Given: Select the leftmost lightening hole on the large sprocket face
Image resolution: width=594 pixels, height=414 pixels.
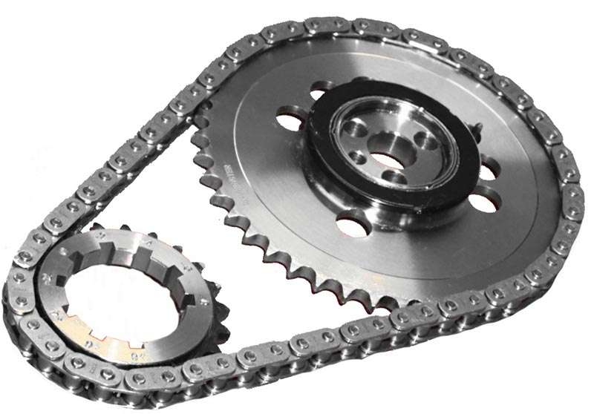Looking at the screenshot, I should (x=285, y=119).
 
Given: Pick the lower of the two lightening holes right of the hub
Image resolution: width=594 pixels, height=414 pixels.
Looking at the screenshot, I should (x=478, y=200).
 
